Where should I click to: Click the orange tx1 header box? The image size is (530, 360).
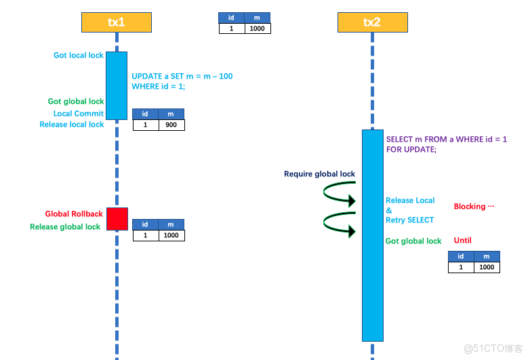(x=116, y=22)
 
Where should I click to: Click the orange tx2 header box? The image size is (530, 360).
(x=372, y=22)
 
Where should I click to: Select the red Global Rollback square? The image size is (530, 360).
(x=117, y=219)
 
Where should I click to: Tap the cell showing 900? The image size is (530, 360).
(x=171, y=125)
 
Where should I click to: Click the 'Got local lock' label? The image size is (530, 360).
(x=78, y=56)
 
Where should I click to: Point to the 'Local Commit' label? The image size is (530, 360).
(x=79, y=114)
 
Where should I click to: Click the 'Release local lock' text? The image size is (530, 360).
(x=72, y=125)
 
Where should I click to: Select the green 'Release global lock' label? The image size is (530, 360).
(x=65, y=227)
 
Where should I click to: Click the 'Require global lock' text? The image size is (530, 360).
(x=319, y=174)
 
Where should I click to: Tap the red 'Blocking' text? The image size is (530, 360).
(x=474, y=207)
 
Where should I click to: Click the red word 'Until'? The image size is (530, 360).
(x=462, y=241)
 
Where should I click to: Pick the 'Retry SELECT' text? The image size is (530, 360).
(x=409, y=220)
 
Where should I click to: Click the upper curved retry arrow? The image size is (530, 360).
(x=339, y=195)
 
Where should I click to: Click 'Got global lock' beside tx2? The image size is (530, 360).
(x=413, y=241)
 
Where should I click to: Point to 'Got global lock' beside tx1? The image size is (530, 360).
(x=76, y=102)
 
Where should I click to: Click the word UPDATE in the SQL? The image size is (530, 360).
(x=146, y=77)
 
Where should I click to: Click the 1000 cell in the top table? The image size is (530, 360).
(x=258, y=28)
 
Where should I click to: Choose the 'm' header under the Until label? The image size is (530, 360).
(x=487, y=256)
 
